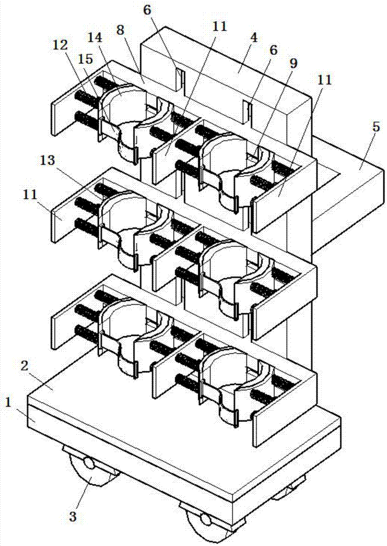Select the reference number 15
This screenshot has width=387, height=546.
(x=86, y=59)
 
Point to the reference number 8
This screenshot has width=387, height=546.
(x=120, y=30)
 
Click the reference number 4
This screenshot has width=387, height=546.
(x=254, y=37)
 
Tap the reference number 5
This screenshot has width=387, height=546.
(x=376, y=127)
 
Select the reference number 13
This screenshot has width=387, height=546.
(x=47, y=160)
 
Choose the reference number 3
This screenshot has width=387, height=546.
(x=73, y=516)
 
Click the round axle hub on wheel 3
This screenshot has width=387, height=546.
(x=89, y=464)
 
